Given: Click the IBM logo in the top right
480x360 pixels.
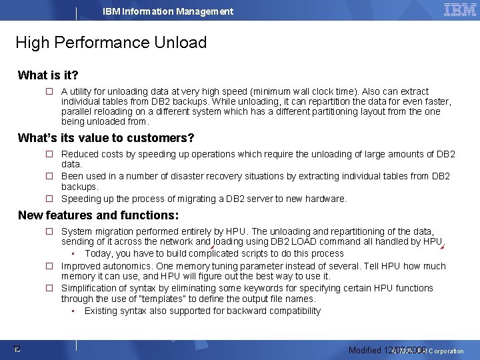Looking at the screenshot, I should (x=459, y=10).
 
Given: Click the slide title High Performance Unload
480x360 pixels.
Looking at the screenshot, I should (x=111, y=43).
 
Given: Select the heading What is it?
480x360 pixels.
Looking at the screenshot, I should (x=48, y=75).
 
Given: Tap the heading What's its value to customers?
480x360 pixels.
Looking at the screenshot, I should (x=106, y=138).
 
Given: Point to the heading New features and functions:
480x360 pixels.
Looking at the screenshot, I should (x=98, y=215).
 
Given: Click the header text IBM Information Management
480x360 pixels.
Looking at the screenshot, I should (x=168, y=11).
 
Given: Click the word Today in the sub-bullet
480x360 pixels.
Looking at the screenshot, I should (x=98, y=253).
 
